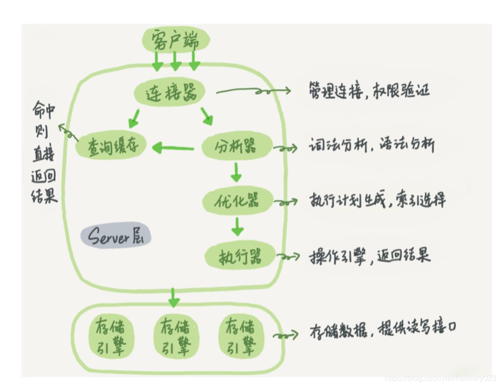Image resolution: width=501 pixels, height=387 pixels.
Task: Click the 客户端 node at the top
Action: [175, 39]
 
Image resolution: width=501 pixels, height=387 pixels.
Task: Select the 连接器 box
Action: [169, 92]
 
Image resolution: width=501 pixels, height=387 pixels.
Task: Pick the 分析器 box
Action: [237, 145]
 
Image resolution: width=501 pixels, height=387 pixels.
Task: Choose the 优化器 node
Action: [237, 200]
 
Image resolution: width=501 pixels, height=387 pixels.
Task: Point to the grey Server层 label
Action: [116, 236]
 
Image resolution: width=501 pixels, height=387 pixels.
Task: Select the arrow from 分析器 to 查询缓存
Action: [174, 146]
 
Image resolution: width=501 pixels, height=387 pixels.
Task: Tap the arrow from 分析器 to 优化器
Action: [236, 172]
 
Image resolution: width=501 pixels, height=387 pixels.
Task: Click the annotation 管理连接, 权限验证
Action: [369, 91]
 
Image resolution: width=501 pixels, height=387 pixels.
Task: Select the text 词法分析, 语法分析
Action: [371, 145]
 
